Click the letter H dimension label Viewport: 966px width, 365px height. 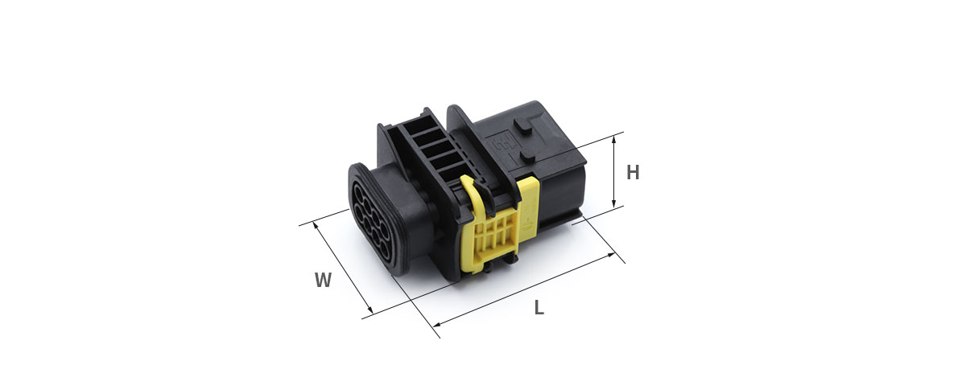(x=633, y=172)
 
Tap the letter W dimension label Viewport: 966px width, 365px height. (x=323, y=280)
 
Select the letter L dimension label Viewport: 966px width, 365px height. (x=539, y=308)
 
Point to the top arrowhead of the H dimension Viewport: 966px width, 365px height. (x=614, y=138)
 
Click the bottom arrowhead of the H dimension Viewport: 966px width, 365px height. (x=614, y=204)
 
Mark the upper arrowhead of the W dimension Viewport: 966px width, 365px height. (x=316, y=224)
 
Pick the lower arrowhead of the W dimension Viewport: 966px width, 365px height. (x=369, y=310)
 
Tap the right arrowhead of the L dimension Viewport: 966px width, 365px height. (x=611, y=255)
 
